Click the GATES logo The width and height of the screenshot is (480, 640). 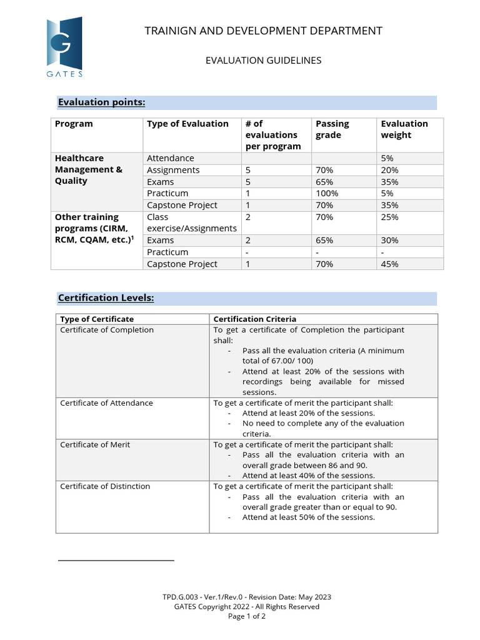[64, 47]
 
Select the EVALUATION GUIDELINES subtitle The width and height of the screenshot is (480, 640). [263, 61]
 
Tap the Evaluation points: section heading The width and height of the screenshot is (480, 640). [101, 102]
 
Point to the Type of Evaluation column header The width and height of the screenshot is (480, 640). [187, 124]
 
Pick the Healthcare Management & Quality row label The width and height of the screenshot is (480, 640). [89, 169]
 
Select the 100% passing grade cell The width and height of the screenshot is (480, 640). [327, 193]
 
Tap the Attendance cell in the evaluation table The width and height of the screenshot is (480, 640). [171, 158]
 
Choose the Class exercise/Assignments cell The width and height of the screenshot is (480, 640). [192, 222]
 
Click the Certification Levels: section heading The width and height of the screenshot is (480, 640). [106, 298]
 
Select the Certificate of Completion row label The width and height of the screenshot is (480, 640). [107, 330]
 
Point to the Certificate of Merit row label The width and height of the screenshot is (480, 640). [95, 444]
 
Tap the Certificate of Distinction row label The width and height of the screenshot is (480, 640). [105, 486]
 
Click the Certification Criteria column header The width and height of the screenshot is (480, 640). [255, 319]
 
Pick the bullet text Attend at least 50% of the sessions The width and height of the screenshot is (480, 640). [309, 517]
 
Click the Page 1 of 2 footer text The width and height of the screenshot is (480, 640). [246, 616]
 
